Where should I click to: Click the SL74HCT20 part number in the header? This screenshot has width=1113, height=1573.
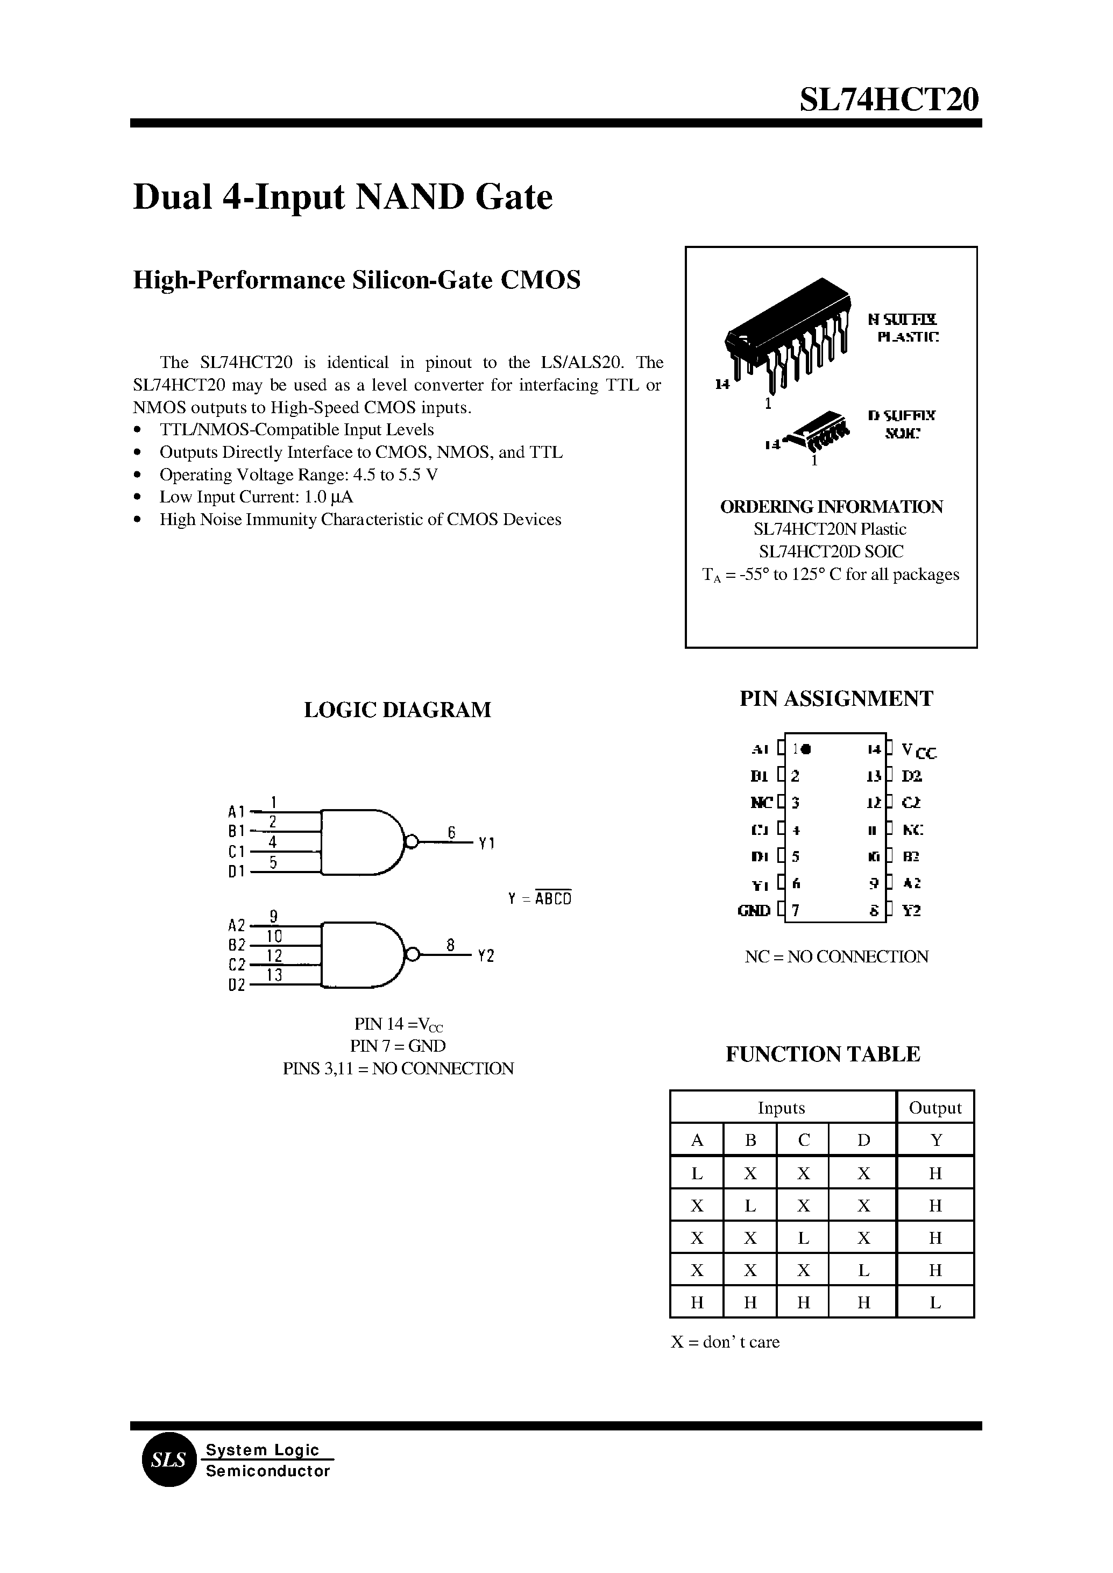coord(889,101)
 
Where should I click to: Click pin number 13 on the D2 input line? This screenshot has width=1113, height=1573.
coord(274,975)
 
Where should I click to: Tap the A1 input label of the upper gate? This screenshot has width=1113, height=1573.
coord(236,812)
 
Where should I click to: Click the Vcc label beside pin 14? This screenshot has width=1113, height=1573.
coord(918,751)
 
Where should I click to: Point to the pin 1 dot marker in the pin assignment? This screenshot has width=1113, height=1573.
coord(806,749)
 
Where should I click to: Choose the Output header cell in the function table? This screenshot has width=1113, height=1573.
coord(935,1108)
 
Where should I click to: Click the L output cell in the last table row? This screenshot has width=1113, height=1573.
coord(935,1302)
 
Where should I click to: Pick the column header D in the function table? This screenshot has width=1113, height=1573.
coord(863,1140)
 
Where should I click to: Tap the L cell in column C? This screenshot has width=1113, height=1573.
coord(803,1238)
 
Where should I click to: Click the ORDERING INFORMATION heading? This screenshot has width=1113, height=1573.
coord(831,507)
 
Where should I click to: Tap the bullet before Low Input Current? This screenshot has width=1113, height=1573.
coord(139,497)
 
